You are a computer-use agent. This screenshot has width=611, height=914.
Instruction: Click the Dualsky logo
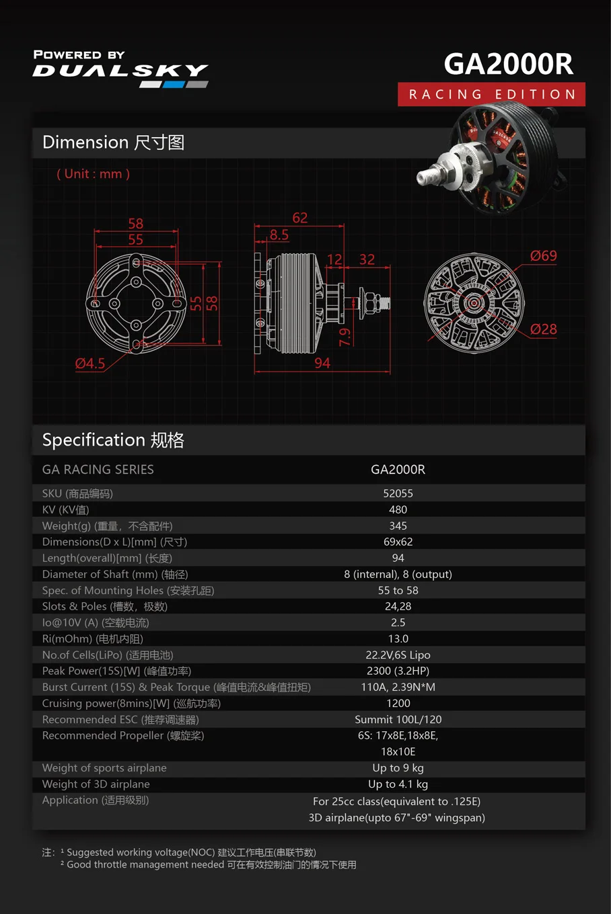point(120,70)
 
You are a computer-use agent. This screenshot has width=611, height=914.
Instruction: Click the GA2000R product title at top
point(508,65)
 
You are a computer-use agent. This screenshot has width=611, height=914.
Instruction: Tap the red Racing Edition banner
point(491,94)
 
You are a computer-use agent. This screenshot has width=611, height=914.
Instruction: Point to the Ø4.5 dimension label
point(90,364)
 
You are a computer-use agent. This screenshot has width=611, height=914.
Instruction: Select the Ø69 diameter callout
point(543,256)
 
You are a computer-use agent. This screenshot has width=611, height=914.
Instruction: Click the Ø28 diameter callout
point(543,329)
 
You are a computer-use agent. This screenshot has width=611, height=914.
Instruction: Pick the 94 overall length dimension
point(322,364)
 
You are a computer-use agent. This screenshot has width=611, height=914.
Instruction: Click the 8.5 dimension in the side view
point(279,235)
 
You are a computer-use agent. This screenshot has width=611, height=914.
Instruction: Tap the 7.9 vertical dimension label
point(345,337)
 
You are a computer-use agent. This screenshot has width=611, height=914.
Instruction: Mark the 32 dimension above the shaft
point(367,259)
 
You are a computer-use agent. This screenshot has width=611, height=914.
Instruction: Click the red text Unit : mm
point(94,174)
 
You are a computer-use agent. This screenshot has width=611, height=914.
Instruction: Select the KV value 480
point(398,509)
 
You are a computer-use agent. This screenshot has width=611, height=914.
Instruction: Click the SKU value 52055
point(398,493)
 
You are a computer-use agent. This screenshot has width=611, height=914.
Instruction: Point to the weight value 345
point(398,526)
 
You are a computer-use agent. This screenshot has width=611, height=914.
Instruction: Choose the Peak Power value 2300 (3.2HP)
point(398,671)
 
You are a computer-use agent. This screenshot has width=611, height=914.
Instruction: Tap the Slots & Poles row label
point(104,606)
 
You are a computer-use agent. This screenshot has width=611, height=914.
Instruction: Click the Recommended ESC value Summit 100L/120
point(398,719)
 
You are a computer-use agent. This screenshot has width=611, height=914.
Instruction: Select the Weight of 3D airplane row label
point(96,784)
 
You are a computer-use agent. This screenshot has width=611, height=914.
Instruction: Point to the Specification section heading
point(113,440)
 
